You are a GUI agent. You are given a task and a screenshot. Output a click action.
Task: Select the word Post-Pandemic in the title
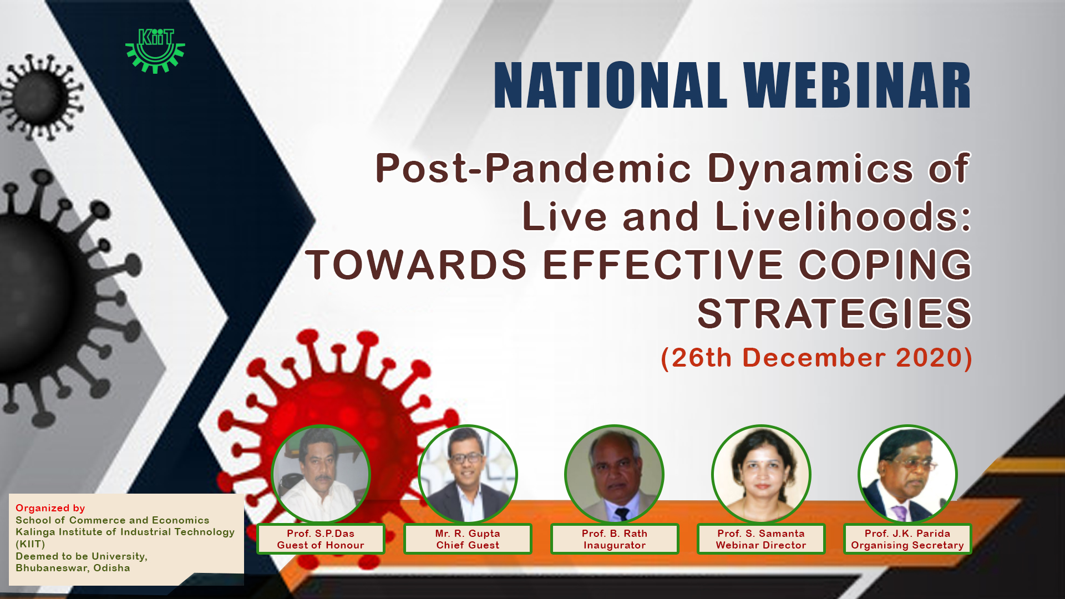point(533,168)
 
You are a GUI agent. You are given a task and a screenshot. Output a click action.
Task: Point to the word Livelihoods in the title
point(843,216)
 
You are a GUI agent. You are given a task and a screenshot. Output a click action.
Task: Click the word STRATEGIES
point(834,314)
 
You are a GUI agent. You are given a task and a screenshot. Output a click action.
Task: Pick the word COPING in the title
point(885,265)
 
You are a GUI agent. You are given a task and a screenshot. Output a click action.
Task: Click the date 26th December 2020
point(816,358)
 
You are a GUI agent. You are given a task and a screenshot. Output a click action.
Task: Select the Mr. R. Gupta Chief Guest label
point(468,539)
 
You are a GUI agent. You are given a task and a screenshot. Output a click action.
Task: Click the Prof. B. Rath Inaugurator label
point(615,539)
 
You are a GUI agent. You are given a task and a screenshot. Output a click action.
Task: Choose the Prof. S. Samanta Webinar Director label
point(761,539)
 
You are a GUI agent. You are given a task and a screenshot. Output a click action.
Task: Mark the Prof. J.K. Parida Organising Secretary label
point(907,539)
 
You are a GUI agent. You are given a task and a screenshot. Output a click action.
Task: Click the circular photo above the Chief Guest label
point(468,474)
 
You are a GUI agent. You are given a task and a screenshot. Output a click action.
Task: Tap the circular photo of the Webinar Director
point(761,474)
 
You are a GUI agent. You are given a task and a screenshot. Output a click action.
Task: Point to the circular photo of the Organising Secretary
point(907,474)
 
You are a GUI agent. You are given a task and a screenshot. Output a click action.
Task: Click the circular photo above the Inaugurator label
point(615,474)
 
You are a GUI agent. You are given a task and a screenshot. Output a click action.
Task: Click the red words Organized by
point(50,508)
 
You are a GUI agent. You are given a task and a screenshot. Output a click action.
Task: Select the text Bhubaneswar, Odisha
point(73,568)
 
